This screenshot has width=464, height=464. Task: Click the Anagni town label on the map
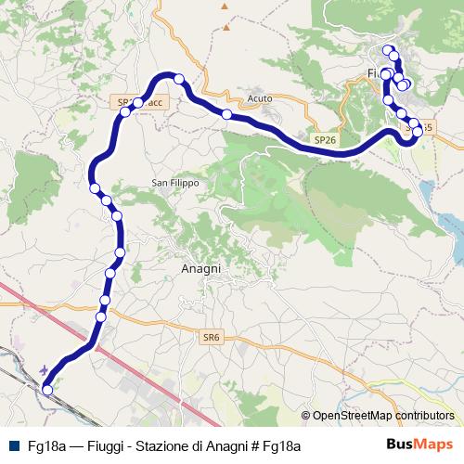click(x=199, y=268)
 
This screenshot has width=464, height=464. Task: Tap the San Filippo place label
click(x=175, y=184)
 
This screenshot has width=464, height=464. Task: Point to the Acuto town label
click(x=259, y=97)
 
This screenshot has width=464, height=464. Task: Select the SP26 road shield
click(x=325, y=139)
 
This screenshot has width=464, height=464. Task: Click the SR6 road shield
click(x=211, y=339)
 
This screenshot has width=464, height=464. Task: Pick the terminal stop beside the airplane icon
click(x=47, y=391)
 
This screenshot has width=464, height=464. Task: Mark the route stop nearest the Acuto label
click(x=226, y=114)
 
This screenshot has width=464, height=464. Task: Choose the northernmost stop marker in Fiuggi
click(x=388, y=50)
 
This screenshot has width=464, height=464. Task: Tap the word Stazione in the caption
click(x=162, y=446)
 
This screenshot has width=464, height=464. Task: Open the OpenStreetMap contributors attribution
click(x=382, y=416)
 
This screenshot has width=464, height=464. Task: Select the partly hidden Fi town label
click(x=373, y=72)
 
